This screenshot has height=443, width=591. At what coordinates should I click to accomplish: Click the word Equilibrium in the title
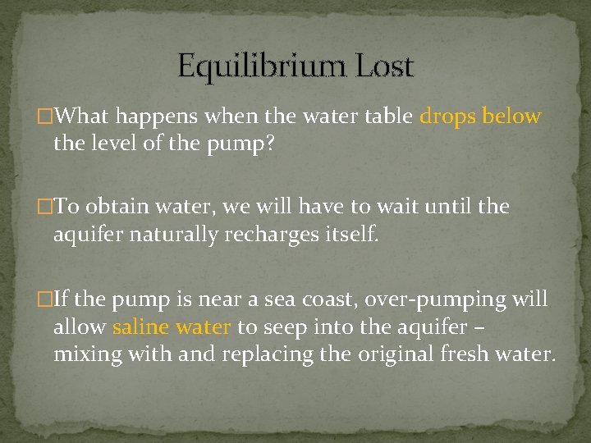tap(259, 65)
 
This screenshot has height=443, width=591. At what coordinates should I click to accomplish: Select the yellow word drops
tap(448, 116)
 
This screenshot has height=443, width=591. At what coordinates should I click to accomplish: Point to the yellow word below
tap(511, 116)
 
